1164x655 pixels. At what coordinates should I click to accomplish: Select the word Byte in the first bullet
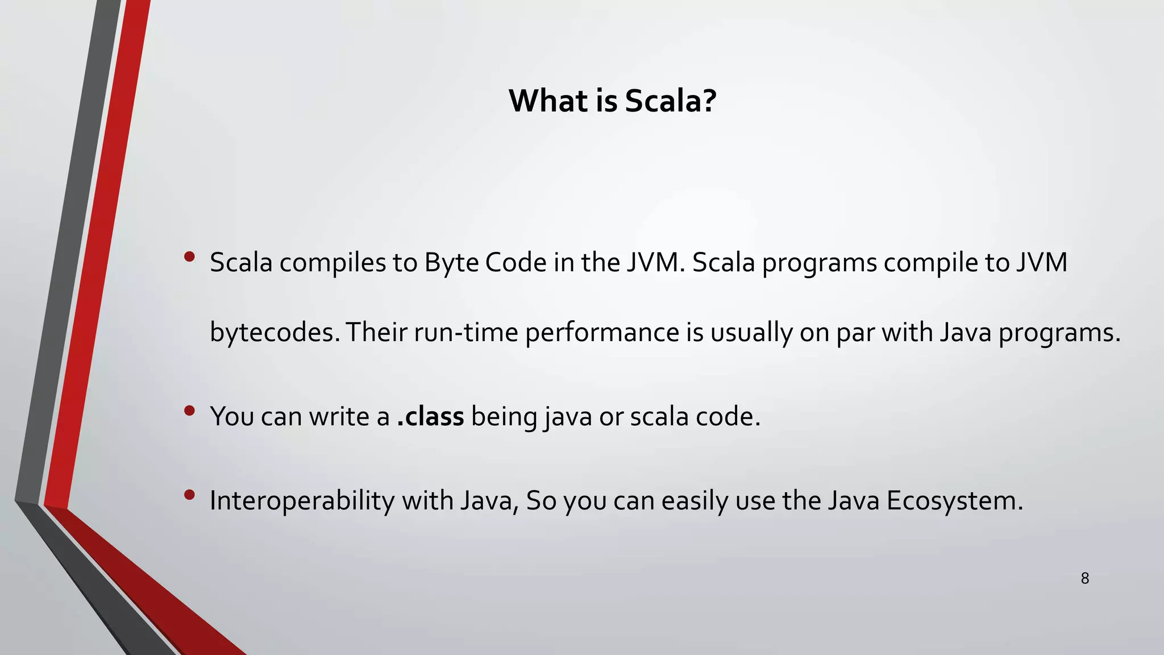pyautogui.click(x=451, y=263)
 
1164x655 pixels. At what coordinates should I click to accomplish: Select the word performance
pyautogui.click(x=602, y=333)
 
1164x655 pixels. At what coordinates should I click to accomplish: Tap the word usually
pyautogui.click(x=751, y=333)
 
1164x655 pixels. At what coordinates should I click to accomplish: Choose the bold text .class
pyautogui.click(x=430, y=417)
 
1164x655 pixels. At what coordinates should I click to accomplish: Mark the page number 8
pyautogui.click(x=1085, y=579)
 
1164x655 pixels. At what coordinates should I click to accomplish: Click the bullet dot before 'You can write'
pyautogui.click(x=190, y=411)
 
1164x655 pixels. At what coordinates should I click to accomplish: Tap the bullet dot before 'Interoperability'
pyautogui.click(x=190, y=495)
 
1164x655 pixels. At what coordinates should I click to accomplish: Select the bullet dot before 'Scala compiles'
pyautogui.click(x=190, y=257)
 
